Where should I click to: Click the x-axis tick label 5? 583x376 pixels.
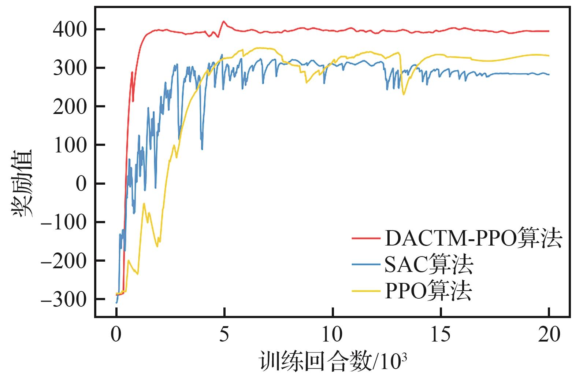click(x=224, y=334)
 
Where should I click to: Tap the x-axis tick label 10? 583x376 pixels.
click(x=333, y=334)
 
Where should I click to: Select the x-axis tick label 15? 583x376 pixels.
click(x=441, y=334)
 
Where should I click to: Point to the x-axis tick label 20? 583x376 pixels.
click(x=549, y=334)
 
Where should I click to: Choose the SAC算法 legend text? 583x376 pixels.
click(x=428, y=265)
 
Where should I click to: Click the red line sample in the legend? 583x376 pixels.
click(x=365, y=239)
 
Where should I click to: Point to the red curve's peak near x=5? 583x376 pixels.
click(x=224, y=21)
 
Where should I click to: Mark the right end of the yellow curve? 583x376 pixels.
click(x=549, y=56)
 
